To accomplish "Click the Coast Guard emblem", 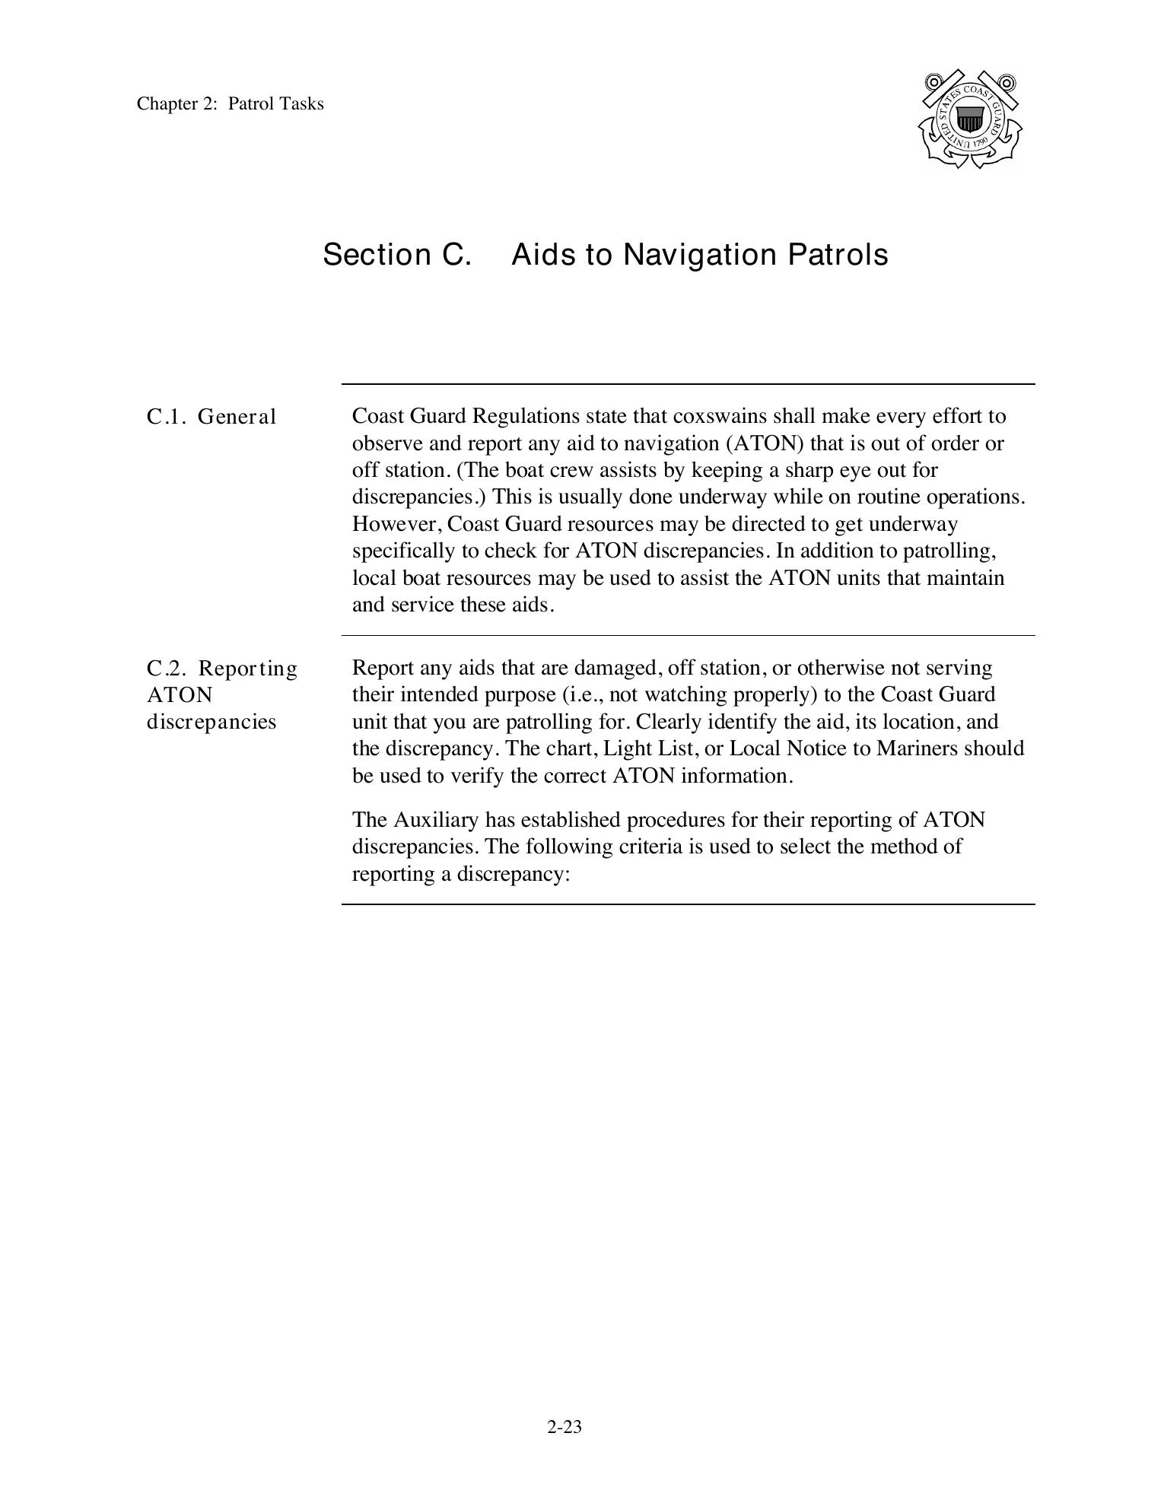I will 970,119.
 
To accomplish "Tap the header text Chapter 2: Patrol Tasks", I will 230,103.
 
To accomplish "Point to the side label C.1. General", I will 211,417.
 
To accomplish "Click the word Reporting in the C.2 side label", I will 248,669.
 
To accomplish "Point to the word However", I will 394,524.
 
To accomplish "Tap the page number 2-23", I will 565,1427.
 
